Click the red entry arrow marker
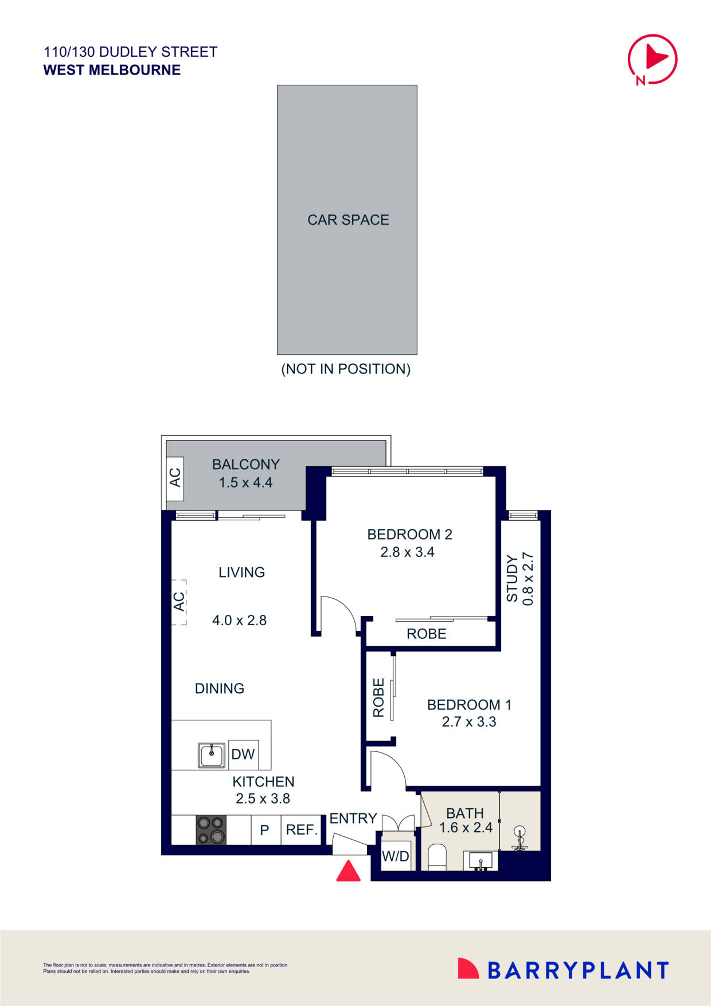click(x=348, y=871)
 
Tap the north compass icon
click(x=652, y=59)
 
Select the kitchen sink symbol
click(x=212, y=755)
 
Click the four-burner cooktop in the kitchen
click(x=211, y=830)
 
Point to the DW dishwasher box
click(x=243, y=754)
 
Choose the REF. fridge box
click(x=302, y=830)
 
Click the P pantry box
click(x=265, y=830)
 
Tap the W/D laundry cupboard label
click(x=396, y=856)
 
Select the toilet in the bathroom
click(x=437, y=857)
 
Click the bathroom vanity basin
click(x=480, y=861)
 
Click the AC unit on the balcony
click(x=175, y=478)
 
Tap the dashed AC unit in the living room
click(x=179, y=602)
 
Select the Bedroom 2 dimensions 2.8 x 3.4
click(x=408, y=552)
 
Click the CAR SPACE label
click(x=348, y=220)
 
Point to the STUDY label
click(x=512, y=578)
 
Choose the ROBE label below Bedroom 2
click(x=426, y=634)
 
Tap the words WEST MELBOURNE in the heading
click(x=112, y=70)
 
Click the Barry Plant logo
click(x=563, y=970)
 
